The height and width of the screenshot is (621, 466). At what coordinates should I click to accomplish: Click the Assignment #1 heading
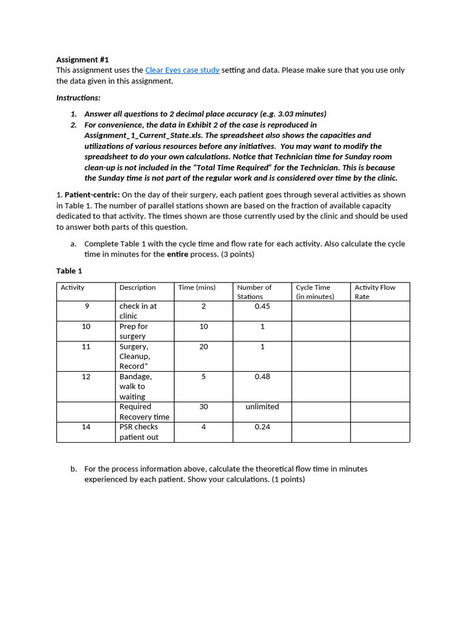83,59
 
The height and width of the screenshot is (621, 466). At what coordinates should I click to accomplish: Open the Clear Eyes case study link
182,70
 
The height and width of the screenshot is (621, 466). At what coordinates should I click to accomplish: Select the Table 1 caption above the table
69,271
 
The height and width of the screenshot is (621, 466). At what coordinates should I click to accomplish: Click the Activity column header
73,287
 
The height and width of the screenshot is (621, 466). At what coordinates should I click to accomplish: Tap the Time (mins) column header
197,287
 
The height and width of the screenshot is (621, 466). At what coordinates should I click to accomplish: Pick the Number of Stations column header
254,292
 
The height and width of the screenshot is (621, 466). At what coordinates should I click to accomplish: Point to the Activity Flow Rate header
374,292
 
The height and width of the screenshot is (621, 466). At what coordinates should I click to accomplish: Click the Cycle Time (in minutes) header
315,292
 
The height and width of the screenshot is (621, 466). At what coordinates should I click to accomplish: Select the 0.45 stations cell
262,306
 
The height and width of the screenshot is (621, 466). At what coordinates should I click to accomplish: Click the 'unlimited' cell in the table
262,407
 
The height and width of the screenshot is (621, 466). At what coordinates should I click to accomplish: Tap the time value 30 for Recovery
203,407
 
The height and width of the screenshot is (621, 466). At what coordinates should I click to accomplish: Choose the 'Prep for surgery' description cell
133,331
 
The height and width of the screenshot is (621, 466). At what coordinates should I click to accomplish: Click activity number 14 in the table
86,427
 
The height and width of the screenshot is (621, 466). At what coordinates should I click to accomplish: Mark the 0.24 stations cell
262,427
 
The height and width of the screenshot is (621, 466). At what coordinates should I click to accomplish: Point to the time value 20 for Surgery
203,347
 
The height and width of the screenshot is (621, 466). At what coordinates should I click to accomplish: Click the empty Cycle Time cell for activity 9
320,311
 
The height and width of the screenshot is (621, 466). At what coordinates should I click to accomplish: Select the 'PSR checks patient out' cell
138,432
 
